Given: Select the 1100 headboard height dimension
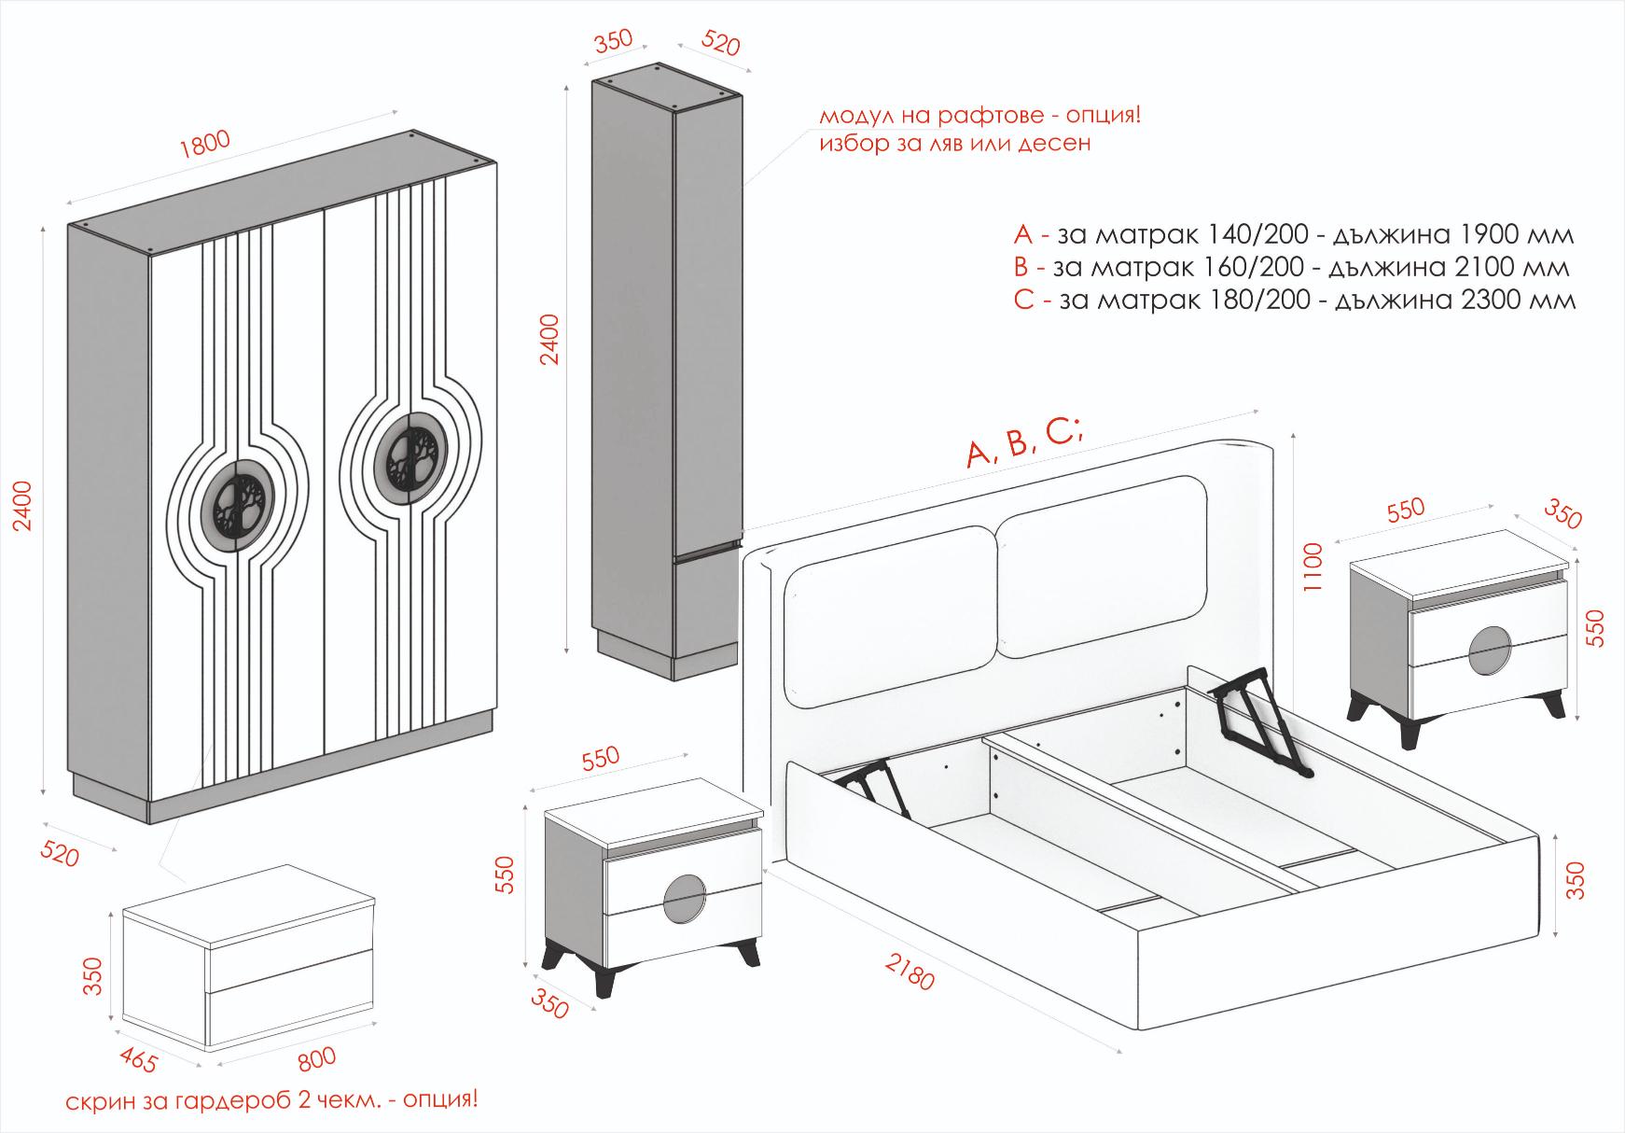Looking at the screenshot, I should click(x=1313, y=567).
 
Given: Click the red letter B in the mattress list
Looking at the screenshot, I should click(x=1021, y=268).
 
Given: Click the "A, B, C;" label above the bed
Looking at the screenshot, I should click(x=1024, y=444).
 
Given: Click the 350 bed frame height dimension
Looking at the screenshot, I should click(x=1575, y=880).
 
